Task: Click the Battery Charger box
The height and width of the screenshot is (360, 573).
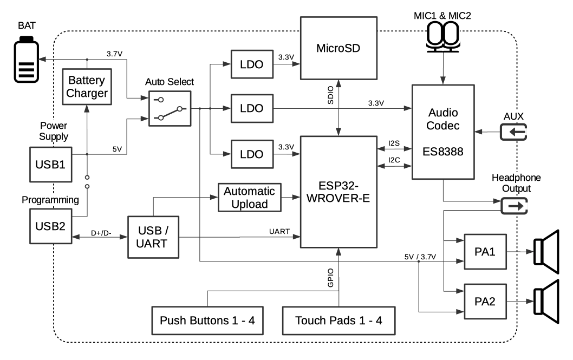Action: (x=87, y=87)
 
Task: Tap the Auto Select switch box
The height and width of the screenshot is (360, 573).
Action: (x=170, y=108)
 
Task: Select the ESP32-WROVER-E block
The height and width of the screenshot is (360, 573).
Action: (x=338, y=192)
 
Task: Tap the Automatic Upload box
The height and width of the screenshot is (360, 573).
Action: (x=250, y=197)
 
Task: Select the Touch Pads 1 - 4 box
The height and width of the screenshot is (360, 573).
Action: (x=338, y=319)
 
